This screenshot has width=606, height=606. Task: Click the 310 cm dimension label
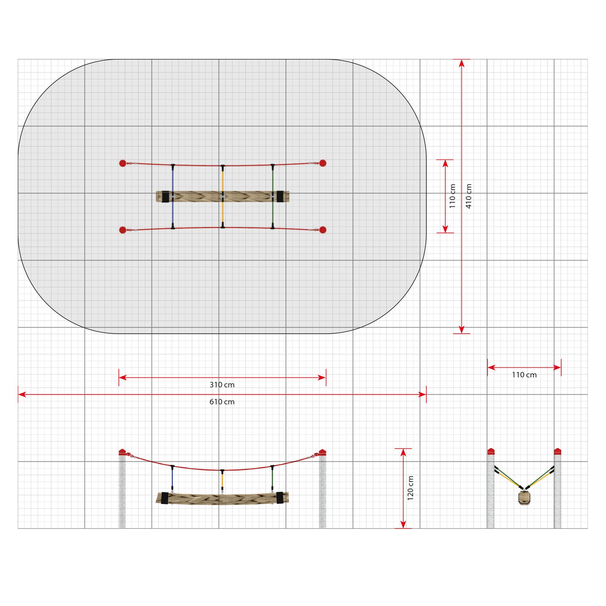pyautogui.click(x=222, y=385)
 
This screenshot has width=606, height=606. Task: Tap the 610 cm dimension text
pyautogui.click(x=222, y=402)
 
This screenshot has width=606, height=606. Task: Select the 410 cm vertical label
pyautogui.click(x=469, y=196)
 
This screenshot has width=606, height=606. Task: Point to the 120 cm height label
pyautogui.click(x=410, y=488)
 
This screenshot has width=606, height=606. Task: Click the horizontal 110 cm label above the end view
pyautogui.click(x=524, y=375)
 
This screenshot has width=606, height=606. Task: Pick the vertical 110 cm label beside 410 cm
pyautogui.click(x=452, y=196)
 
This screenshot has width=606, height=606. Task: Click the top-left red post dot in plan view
pyautogui.click(x=123, y=163)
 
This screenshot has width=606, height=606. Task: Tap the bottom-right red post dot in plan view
pyautogui.click(x=323, y=230)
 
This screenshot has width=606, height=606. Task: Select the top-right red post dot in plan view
pyautogui.click(x=323, y=163)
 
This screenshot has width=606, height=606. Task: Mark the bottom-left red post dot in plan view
pyautogui.click(x=123, y=230)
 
